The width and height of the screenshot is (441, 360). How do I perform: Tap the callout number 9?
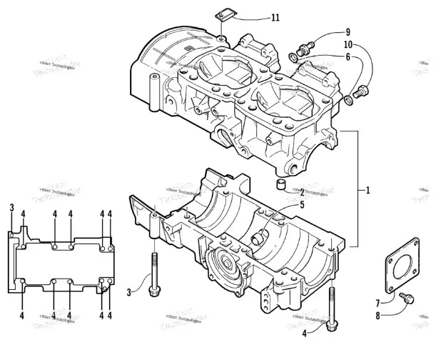[348, 32]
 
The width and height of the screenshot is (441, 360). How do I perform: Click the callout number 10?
[348, 46]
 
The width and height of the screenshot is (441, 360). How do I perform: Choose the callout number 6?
[348, 58]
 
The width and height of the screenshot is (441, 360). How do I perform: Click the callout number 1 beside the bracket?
[367, 191]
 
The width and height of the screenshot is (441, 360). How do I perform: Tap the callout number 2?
[302, 191]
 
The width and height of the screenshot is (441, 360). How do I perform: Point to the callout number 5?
[302, 204]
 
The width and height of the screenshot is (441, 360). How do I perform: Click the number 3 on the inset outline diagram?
[12, 207]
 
